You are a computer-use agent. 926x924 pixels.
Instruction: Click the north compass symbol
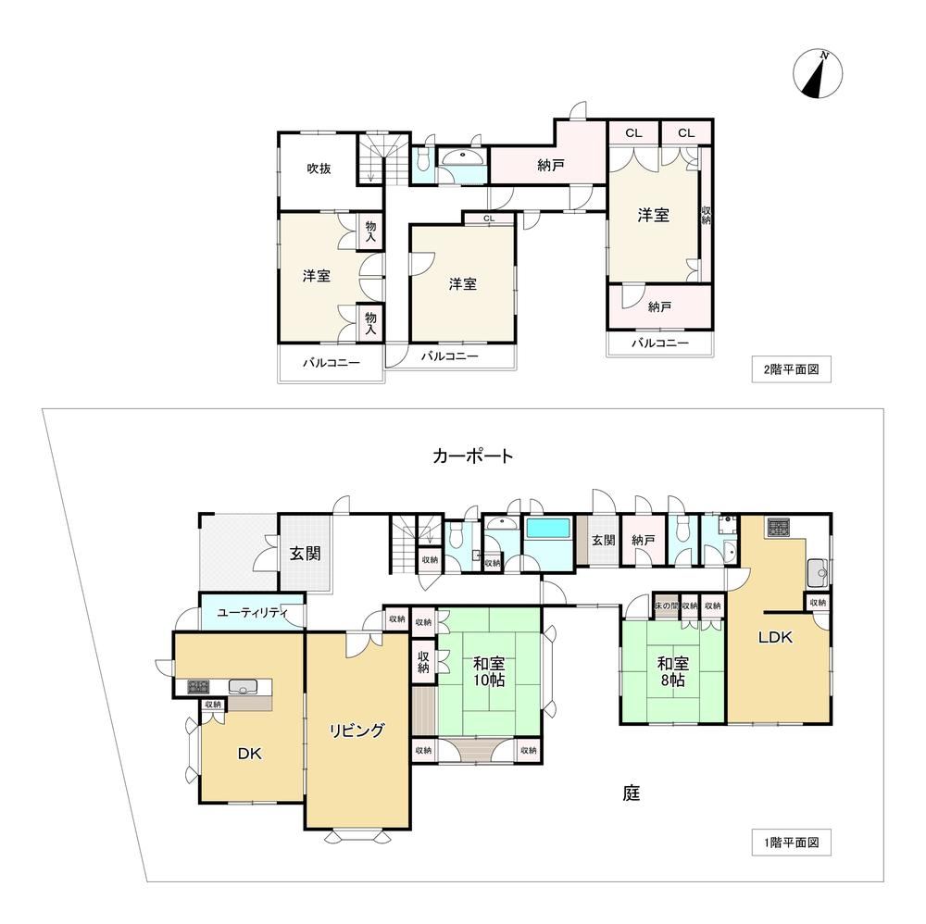coord(818,74)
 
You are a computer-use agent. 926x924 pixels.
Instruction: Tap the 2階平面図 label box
coord(792,369)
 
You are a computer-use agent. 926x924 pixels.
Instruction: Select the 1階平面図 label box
coord(792,843)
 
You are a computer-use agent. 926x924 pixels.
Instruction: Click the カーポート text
coord(473,456)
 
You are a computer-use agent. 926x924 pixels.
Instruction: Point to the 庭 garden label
coord(632,793)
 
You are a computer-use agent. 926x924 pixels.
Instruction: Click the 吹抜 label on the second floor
coord(319,169)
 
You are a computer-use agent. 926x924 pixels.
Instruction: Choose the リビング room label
coord(357,730)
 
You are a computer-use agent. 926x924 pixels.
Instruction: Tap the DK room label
coord(249,754)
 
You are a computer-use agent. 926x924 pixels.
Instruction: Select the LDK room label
coord(775,637)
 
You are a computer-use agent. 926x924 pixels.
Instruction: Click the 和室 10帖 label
coord(489,672)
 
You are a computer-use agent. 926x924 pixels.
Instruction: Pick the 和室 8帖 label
coord(672,672)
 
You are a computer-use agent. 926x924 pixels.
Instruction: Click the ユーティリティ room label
coord(252,613)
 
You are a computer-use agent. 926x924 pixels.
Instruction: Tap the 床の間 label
coord(666,606)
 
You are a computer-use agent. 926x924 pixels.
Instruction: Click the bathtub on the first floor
coord(548,529)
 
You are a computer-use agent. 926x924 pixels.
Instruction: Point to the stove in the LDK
coord(779,527)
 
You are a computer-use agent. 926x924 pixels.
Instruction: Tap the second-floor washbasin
coord(462,156)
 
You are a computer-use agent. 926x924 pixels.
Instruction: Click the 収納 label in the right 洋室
coord(707,215)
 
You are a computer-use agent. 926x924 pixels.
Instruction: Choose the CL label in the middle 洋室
coord(489,219)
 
